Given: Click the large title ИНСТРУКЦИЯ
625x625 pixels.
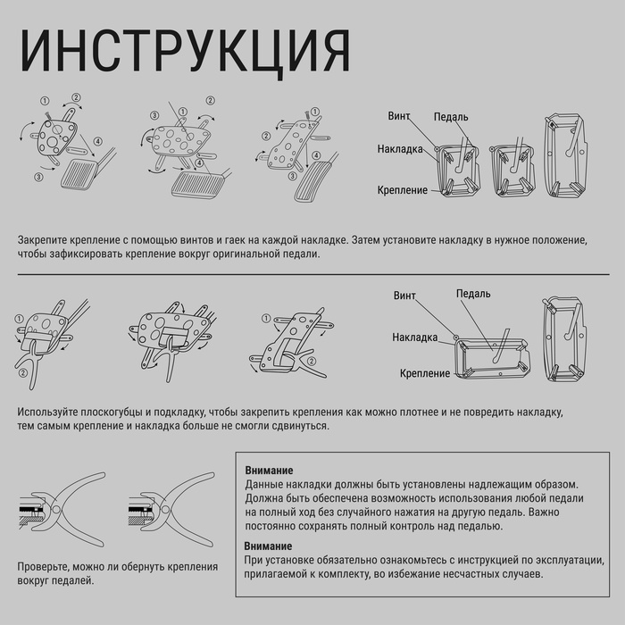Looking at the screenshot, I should point(184,51).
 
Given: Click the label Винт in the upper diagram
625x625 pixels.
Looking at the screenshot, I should point(399,116).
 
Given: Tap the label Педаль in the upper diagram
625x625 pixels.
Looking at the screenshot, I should point(452,117).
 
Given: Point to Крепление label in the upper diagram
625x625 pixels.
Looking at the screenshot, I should point(403,191).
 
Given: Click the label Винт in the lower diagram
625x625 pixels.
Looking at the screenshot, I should point(405,296).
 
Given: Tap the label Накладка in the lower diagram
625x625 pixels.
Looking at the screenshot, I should point(414,337).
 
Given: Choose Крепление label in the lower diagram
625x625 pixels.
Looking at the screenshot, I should point(425,373).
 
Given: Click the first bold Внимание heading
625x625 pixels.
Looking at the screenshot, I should point(269,471).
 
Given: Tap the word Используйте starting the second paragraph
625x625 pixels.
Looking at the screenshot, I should point(47,413).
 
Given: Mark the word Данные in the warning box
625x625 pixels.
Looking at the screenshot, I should point(263,484).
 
